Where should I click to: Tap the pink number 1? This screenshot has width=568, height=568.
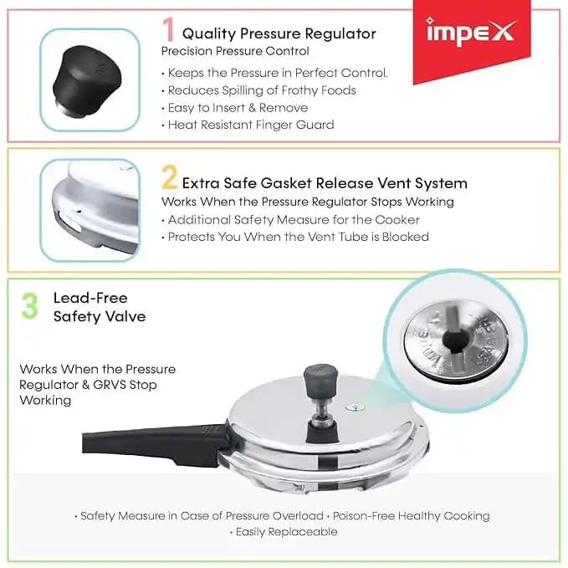point(168,29)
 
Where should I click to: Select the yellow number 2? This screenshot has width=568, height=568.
point(170,177)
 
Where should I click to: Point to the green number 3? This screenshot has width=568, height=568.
point(30,305)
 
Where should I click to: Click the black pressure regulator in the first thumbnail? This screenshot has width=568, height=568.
point(87,81)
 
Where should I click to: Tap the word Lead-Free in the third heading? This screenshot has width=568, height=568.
point(90,298)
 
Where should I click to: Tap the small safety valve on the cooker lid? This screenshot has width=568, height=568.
point(356,408)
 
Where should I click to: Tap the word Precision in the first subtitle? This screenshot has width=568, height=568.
point(187,51)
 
